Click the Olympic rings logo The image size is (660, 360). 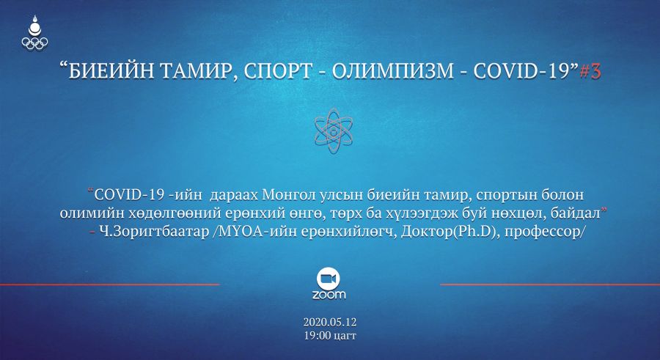pyautogui.click(x=35, y=43)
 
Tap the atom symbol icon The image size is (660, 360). pyautogui.click(x=334, y=131)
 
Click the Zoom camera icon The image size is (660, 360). pyautogui.click(x=329, y=279)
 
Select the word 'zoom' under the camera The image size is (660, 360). pyautogui.click(x=329, y=295)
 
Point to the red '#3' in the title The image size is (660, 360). pyautogui.click(x=590, y=72)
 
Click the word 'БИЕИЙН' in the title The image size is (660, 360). pyautogui.click(x=112, y=72)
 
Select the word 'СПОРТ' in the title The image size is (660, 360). pyautogui.click(x=278, y=72)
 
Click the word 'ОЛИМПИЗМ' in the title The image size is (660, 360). pyautogui.click(x=393, y=72)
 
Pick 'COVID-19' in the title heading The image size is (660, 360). pyautogui.click(x=522, y=72)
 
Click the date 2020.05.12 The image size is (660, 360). pyautogui.click(x=330, y=322)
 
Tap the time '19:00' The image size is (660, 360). pyautogui.click(x=318, y=336)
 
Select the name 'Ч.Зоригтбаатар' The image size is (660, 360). pyautogui.click(x=154, y=232)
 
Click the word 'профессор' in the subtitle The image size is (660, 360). pyautogui.click(x=542, y=232)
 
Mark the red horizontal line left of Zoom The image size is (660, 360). pyautogui.click(x=110, y=284)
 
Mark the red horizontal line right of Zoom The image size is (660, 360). pyautogui.click(x=550, y=284)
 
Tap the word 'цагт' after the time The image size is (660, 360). pyautogui.click(x=345, y=337)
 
